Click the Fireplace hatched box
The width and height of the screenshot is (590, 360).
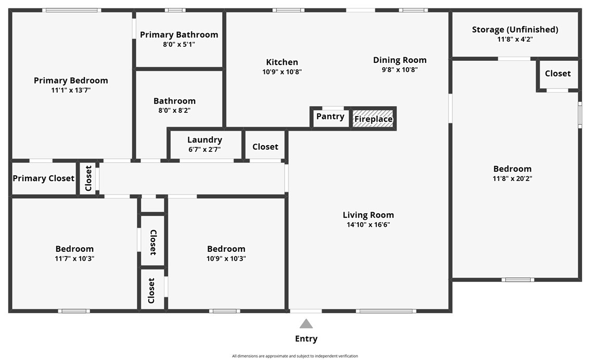point(373,119)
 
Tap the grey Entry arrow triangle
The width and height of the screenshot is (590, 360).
point(306,324)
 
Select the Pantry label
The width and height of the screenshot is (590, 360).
point(330,117)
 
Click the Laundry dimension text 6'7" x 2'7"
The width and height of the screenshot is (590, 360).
point(204,149)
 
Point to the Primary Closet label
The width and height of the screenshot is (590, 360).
point(44,178)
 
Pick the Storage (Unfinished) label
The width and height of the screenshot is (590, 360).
point(515,29)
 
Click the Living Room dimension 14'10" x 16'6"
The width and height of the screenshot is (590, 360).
point(368,225)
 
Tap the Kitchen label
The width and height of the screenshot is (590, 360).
point(282,62)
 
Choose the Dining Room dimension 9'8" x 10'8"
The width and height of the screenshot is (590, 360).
point(400,70)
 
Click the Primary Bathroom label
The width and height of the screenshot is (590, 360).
point(179,35)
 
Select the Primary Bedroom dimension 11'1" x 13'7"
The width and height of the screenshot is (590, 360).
point(71,91)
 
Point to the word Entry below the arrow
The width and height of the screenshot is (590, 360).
point(306,339)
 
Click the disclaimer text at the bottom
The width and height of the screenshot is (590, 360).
point(295,356)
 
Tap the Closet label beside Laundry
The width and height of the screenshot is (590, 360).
point(265,147)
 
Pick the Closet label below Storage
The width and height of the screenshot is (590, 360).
point(558,73)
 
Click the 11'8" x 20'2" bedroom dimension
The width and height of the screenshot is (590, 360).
point(512,178)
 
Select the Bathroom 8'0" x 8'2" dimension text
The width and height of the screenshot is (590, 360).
point(174,111)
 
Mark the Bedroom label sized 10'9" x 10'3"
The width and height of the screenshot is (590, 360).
point(226,249)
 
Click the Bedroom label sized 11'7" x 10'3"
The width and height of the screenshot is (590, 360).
point(74,249)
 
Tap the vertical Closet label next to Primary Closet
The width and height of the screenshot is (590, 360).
point(88,178)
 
